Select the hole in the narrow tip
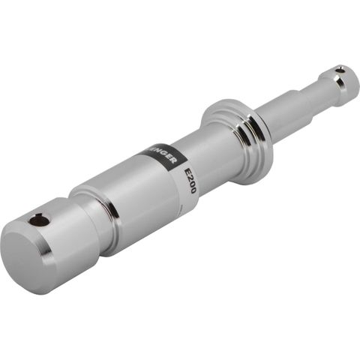pyautogui.click(x=340, y=70)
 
